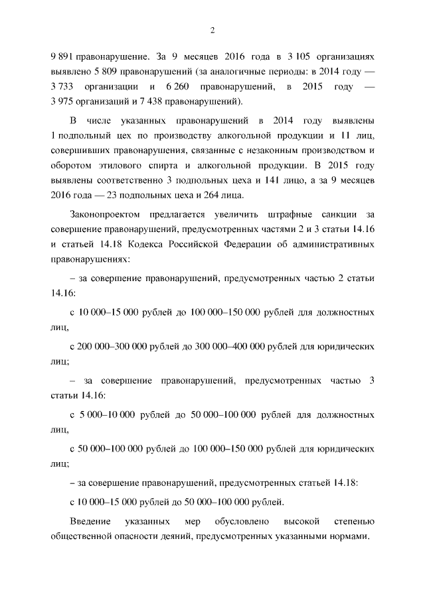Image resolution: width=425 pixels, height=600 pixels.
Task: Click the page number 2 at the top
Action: [212, 30]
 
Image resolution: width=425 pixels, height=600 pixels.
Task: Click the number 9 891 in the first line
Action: [64, 58]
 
